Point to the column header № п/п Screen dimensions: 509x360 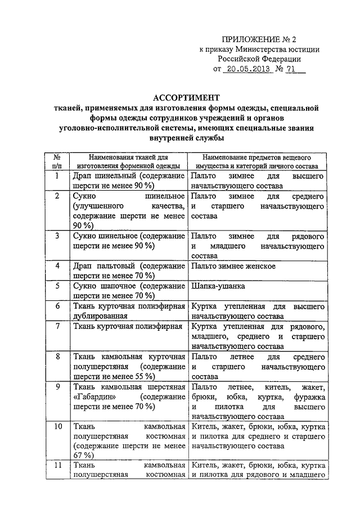point(57,161)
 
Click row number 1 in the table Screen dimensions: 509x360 point(57,177)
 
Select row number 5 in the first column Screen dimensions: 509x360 point(57,286)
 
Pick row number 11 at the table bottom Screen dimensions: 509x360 point(57,466)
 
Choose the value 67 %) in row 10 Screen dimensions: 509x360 point(83,455)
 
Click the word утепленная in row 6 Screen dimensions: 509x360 point(243,307)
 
